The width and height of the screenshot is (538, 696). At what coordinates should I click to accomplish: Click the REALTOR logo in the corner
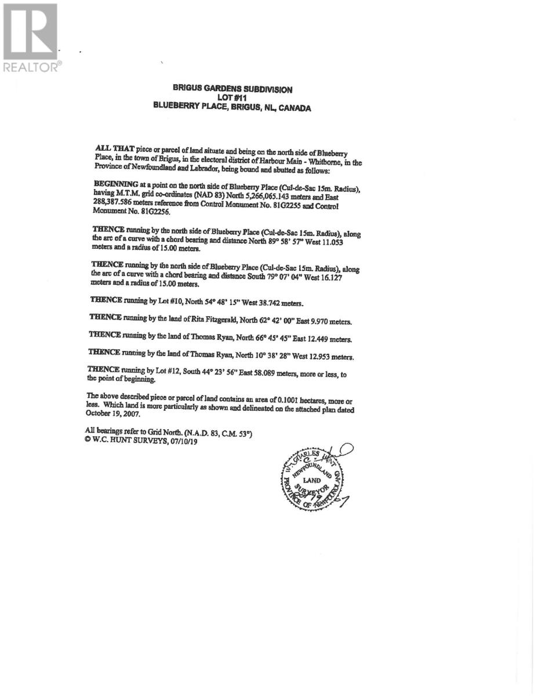tap(31, 37)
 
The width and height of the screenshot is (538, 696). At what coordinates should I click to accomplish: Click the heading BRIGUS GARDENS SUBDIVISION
tap(232, 89)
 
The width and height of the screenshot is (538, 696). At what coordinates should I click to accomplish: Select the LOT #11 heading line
tap(232, 99)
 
